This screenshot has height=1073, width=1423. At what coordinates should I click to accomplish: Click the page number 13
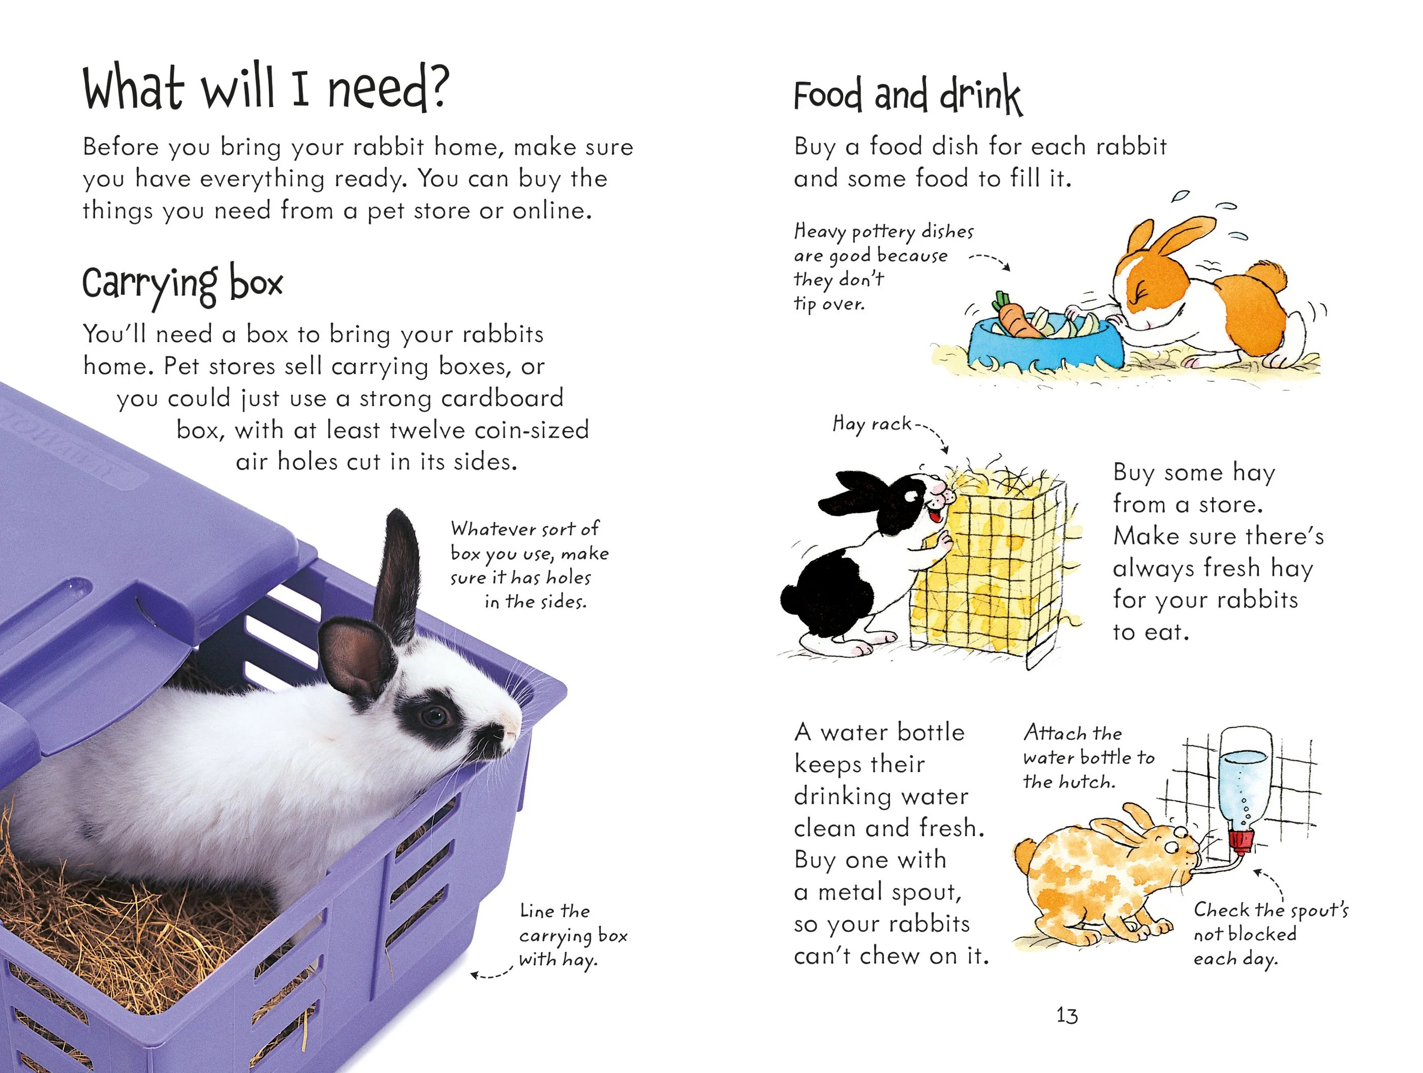1067,1015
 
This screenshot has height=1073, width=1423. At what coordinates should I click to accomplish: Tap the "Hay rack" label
872,424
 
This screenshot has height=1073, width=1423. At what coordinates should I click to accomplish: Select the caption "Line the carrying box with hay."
573,936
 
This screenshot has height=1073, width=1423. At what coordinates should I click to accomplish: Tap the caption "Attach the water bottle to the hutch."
1089,757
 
